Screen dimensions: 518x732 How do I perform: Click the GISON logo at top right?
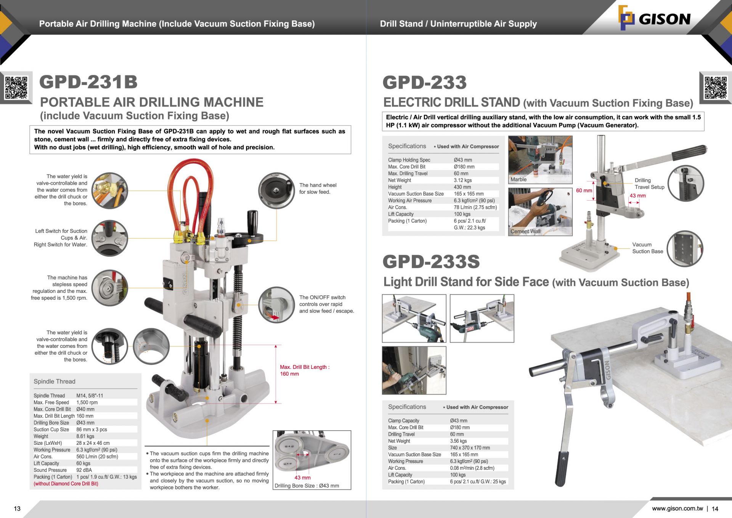(x=654, y=18)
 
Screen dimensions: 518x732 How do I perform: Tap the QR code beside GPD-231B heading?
(x=16, y=87)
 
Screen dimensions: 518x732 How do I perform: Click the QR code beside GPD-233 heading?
(x=716, y=87)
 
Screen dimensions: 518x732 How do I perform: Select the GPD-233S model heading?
(x=431, y=262)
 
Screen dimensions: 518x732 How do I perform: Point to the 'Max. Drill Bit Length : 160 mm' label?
(x=304, y=370)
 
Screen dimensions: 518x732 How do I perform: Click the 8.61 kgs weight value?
(x=85, y=436)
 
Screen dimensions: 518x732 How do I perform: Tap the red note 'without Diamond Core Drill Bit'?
(x=66, y=484)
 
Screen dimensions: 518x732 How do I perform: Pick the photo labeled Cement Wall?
(x=540, y=212)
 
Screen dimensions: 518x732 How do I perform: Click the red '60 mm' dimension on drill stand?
(x=584, y=190)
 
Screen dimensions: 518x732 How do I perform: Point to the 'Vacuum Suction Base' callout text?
(x=647, y=248)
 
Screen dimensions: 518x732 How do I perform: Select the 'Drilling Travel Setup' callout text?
(x=649, y=183)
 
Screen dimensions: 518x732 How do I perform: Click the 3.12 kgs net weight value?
(x=462, y=180)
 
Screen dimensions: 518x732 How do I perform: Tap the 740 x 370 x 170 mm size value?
(x=470, y=448)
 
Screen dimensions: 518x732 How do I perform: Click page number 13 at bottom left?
(x=17, y=508)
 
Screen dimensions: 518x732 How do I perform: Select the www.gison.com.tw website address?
(x=677, y=508)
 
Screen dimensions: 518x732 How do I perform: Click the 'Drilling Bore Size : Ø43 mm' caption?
(x=307, y=486)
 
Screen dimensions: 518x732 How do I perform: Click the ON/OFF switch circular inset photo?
(x=276, y=305)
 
